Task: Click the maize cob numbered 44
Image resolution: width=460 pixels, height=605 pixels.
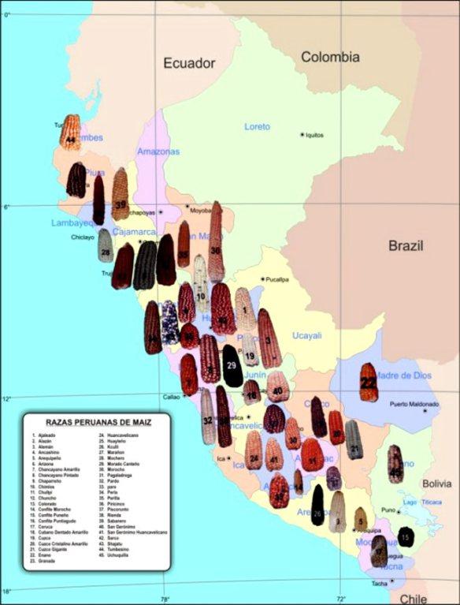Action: coord(70,133)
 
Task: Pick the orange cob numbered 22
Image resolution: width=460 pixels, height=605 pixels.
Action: coord(368,383)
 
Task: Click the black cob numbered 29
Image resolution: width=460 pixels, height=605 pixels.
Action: coord(232,366)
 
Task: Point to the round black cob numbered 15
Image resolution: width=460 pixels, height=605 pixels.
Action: coord(405,537)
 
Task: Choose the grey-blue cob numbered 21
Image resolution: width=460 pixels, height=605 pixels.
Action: coord(354,441)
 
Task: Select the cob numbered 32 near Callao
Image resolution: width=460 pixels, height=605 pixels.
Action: coord(208,417)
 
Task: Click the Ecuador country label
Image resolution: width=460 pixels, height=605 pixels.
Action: coord(189,63)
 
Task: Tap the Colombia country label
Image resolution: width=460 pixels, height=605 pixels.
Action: coord(330,57)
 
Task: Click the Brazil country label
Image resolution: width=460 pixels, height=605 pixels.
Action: coord(406,245)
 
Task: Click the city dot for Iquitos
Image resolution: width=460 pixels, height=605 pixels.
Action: coord(302,135)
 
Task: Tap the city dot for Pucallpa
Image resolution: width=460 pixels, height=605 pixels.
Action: coord(262,279)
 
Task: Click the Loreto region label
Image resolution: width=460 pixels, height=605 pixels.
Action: coord(257,126)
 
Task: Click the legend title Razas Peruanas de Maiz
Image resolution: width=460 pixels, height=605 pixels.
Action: coord(99,422)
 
